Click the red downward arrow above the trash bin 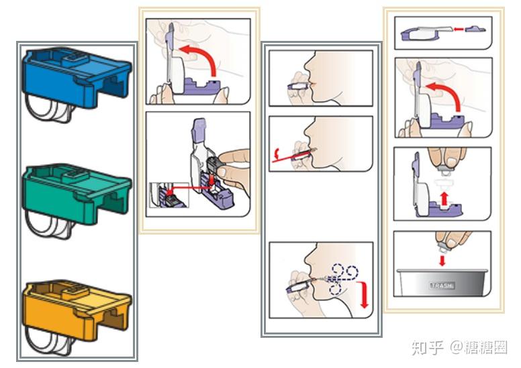pos(442,260)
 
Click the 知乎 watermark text pos(426,347)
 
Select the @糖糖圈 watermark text pos(479,347)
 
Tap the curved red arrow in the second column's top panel pos(204,62)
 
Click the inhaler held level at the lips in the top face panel pos(296,85)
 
